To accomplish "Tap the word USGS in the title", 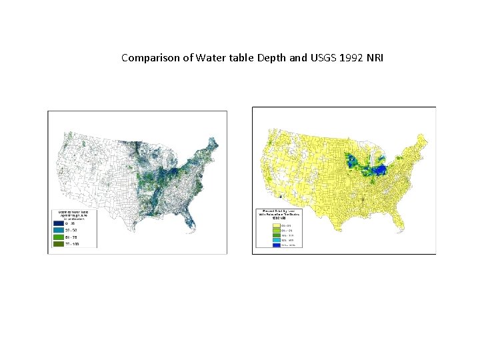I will click(323, 58).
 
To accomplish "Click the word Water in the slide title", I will click(213, 58).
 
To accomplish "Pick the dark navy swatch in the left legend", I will click(59, 223).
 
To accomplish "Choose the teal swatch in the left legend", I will click(59, 230).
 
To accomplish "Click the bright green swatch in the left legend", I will click(59, 237).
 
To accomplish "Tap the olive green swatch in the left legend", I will click(59, 244).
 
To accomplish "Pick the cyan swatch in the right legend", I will click(276, 240).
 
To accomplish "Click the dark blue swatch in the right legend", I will click(276, 245).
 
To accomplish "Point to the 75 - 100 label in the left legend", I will click(71, 245).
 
